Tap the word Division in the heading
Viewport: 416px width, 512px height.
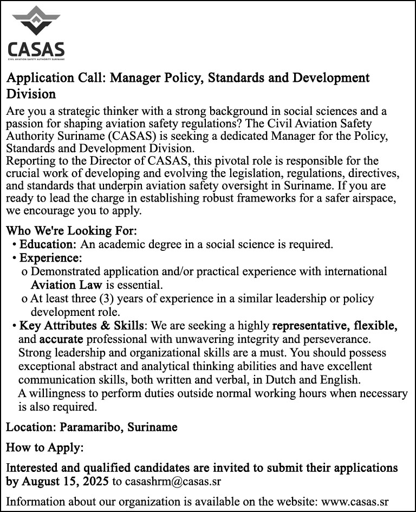click(x=31, y=94)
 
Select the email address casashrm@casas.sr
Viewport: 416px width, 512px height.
click(x=175, y=481)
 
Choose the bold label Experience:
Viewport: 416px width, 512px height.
click(x=50, y=257)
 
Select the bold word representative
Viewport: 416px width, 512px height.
click(x=310, y=326)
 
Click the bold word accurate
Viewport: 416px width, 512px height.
click(x=61, y=340)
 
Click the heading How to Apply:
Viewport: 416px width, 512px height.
click(x=45, y=448)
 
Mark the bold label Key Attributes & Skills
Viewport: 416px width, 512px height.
click(x=81, y=326)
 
